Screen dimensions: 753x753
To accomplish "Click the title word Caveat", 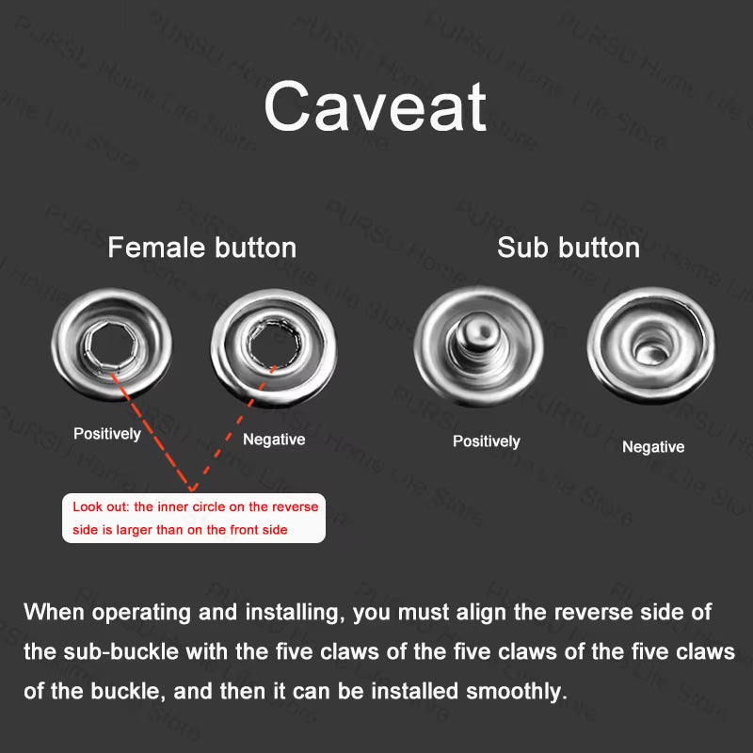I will point(376,107).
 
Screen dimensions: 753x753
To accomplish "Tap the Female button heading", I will point(201,248).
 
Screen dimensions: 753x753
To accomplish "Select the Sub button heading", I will point(569,248).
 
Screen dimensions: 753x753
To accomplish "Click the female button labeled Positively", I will point(113,343).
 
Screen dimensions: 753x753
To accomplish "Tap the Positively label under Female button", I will point(107,434).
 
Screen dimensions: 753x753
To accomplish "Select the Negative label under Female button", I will point(274,439).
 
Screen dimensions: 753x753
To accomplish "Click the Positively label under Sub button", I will point(486,441).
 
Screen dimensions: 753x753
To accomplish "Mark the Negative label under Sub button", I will point(653,447).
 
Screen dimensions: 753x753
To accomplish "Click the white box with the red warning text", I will point(193,518).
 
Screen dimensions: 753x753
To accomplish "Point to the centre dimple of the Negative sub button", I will point(649,351).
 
